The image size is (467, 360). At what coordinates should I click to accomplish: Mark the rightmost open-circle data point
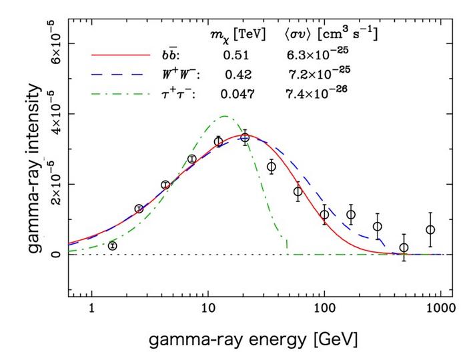tap(430, 229)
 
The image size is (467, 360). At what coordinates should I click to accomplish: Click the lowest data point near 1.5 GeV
tap(112, 246)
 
